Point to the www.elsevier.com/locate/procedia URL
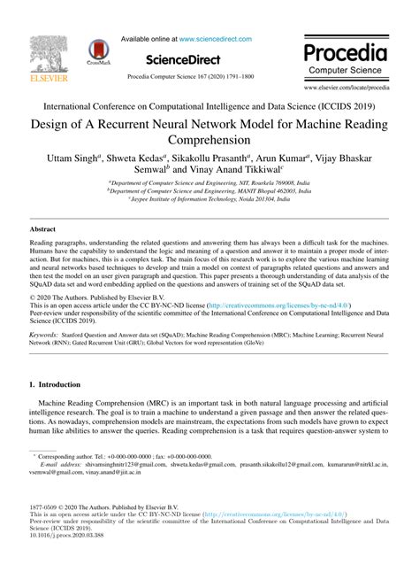[346, 89]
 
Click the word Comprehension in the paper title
[209, 140]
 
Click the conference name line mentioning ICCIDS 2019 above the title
[209, 104]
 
